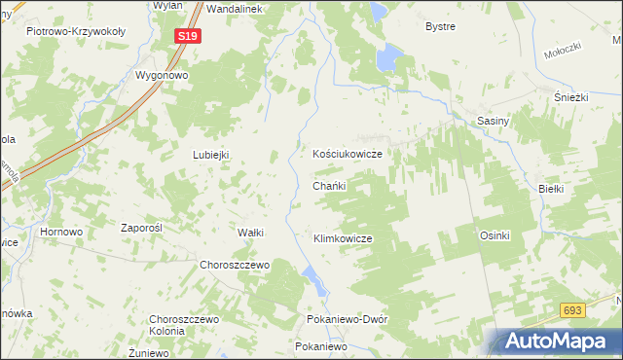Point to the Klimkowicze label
point(343,237)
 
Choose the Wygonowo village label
point(161,75)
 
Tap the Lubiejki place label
point(210,155)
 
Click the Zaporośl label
point(140,228)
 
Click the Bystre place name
point(440,26)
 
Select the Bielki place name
point(551,188)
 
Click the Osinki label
point(495,235)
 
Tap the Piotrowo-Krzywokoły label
point(76,31)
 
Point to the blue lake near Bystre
point(390,58)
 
